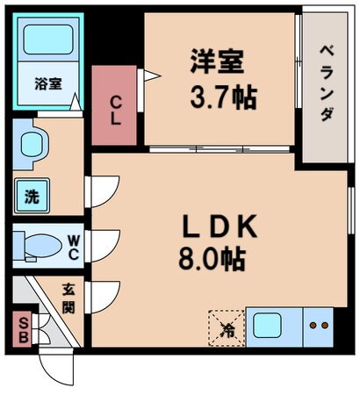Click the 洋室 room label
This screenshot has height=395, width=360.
pyautogui.click(x=217, y=61)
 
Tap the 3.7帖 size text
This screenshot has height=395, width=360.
pyautogui.click(x=223, y=97)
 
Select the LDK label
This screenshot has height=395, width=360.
pyautogui.click(x=220, y=226)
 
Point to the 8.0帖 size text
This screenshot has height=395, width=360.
pyautogui.click(x=212, y=259)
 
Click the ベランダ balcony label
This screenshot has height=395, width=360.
pyautogui.click(x=327, y=83)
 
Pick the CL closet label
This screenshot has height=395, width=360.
pyautogui.click(x=116, y=111)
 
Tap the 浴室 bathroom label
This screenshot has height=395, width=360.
pyautogui.click(x=48, y=83)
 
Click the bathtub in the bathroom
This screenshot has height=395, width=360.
pyautogui.click(x=48, y=39)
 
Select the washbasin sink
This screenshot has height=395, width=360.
pyautogui.click(x=32, y=144)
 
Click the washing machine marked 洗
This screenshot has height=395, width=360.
pyautogui.click(x=32, y=196)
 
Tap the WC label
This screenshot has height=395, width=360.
pyautogui.click(x=74, y=248)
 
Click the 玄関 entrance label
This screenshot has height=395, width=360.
pyautogui.click(x=68, y=298)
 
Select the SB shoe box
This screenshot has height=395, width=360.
pyautogui.click(x=23, y=330)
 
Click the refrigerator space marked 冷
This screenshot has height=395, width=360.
pyautogui.click(x=227, y=328)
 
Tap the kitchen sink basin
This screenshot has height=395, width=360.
pyautogui.click(x=267, y=326)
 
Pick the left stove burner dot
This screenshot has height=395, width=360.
pyautogui.click(x=313, y=326)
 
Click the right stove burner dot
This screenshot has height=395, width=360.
pyautogui.click(x=325, y=326)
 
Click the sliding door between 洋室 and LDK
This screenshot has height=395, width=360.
pyautogui.click(x=220, y=149)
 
